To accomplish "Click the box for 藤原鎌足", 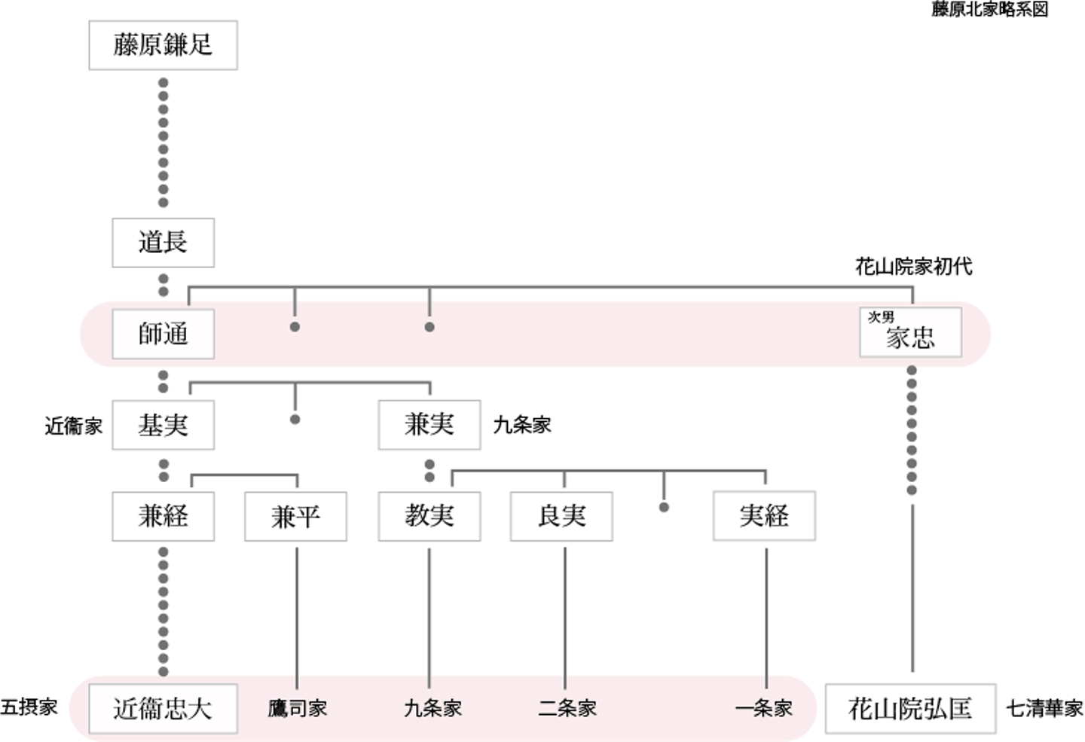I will pos(163,45).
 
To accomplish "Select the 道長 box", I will pos(163,243).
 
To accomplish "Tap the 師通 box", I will pos(163,334).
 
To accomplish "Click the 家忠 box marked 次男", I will pos(910,333).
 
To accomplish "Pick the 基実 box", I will pos(163,426).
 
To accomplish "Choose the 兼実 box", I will pos(429,425).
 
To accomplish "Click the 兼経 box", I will pos(163,517).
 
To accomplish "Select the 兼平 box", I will pos(295,517).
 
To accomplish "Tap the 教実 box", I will pos(429,516).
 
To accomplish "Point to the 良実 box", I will pos(561,516).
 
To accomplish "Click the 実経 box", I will pos(764,516).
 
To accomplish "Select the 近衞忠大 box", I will pos(163,709).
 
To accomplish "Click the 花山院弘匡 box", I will pos(910,709).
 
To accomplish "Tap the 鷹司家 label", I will pos(298,709).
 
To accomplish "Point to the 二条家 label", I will pos(567,709).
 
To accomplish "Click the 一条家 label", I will pos(764,709).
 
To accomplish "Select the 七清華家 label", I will pos(1044,709).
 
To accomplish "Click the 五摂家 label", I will pos(29,707).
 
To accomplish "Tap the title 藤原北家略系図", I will pos(989,9).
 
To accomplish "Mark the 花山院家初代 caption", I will pos(913,266).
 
